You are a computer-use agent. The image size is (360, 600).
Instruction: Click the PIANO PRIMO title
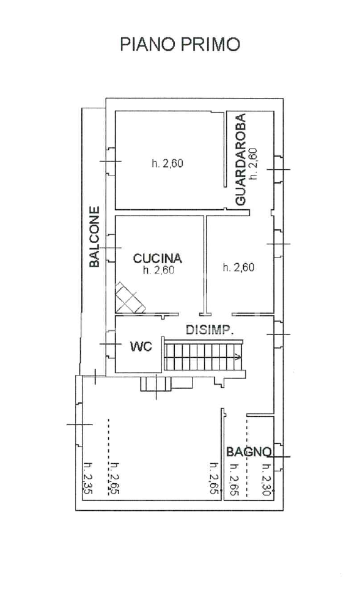(x=180, y=45)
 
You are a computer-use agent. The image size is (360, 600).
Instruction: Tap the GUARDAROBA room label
(x=240, y=160)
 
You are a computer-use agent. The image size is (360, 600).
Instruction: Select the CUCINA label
(x=157, y=258)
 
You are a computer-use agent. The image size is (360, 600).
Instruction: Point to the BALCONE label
(x=94, y=237)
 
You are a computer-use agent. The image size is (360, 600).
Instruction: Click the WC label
(x=141, y=346)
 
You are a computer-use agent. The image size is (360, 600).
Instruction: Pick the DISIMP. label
(x=210, y=330)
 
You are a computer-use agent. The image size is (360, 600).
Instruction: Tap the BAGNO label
(x=249, y=452)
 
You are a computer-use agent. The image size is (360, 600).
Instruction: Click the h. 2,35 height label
(x=87, y=478)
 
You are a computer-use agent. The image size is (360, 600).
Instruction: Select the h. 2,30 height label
(x=266, y=480)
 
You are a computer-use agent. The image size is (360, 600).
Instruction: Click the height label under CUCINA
(x=158, y=270)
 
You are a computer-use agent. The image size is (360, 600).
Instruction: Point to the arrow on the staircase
(x=238, y=358)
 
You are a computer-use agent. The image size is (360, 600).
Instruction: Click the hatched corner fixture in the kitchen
(x=130, y=298)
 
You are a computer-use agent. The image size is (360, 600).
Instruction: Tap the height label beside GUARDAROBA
(x=254, y=164)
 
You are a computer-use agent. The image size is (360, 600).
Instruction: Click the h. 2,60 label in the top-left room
(x=167, y=163)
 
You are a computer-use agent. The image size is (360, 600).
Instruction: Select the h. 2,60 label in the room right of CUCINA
(x=239, y=267)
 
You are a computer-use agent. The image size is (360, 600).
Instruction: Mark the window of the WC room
(x=110, y=344)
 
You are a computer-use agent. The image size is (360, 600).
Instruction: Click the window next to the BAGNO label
(x=279, y=457)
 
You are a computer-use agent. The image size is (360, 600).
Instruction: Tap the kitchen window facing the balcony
(x=110, y=248)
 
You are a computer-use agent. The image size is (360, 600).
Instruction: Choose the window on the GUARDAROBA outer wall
(x=279, y=169)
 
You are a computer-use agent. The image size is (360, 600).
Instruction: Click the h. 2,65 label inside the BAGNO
(x=233, y=480)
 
